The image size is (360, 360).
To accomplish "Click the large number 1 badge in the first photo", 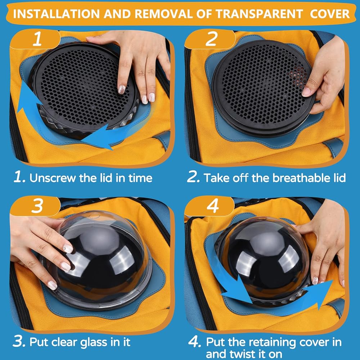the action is coord(37,39).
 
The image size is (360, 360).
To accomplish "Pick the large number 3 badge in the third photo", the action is coord(37,206).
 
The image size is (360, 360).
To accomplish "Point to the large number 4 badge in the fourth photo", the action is coord(213,206).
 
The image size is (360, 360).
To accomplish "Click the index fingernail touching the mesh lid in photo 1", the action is coord(121,89).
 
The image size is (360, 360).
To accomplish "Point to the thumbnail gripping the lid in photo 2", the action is coord(306,92).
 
